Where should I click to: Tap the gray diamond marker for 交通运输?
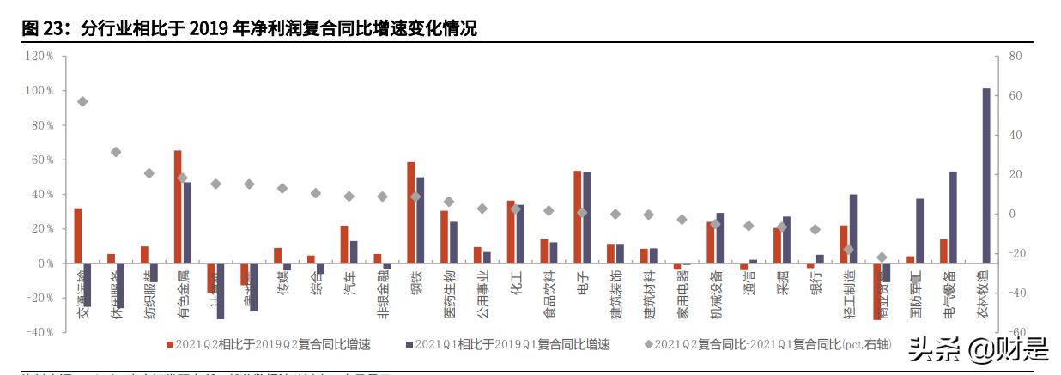tap(82, 101)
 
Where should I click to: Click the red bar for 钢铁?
tap(410, 212)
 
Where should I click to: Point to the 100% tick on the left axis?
tap(39, 90)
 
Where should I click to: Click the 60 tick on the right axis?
tap(1014, 95)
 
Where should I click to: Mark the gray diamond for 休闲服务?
tap(116, 152)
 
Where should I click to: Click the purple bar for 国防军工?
tap(919, 231)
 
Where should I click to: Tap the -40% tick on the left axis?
tap(39, 332)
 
